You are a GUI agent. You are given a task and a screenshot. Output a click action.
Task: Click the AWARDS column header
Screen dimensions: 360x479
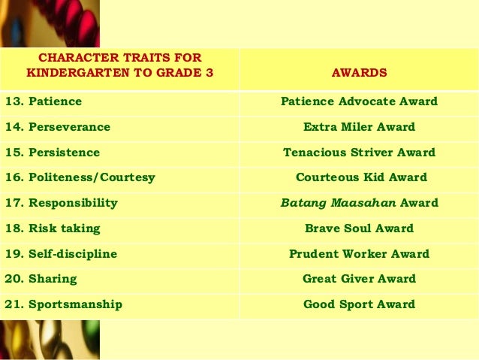coord(359,73)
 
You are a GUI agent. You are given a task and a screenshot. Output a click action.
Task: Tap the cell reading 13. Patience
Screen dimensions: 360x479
coord(44,101)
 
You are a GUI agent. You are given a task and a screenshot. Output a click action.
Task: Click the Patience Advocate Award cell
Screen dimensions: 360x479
coord(359,101)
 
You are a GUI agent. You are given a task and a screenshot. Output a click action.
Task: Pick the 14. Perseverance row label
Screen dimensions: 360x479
coord(58,127)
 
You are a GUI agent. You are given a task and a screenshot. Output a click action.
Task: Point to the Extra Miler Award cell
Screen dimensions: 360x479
coord(359,127)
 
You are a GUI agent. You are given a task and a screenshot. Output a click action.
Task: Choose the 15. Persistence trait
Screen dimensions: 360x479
coord(53,153)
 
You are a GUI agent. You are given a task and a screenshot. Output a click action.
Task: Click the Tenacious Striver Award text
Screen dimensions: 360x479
coord(359,153)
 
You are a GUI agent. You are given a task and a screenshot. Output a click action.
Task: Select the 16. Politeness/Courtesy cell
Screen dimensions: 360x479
coord(80,178)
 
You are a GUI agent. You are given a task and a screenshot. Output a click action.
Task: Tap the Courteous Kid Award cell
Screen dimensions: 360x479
coord(360,178)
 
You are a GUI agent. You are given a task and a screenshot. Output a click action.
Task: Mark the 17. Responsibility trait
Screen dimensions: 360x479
coord(62,203)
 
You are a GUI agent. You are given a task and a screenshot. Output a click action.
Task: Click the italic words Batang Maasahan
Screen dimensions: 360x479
coord(338,203)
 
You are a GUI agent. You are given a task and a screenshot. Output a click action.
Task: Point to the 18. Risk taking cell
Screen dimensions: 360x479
coord(53,228)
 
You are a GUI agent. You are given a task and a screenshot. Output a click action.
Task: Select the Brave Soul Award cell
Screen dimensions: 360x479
coord(359,228)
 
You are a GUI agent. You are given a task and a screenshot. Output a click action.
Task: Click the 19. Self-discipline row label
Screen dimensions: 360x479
coord(61,254)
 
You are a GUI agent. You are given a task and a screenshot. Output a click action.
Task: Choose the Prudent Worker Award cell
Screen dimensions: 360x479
coord(359,254)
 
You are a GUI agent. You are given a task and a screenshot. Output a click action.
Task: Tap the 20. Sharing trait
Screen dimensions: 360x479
coord(41,279)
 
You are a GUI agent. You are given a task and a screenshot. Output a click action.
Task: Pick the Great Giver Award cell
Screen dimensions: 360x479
coord(359,279)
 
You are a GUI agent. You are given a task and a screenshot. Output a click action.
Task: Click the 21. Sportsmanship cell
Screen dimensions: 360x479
coord(64,304)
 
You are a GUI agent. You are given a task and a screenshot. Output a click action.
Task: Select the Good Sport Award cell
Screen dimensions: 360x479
coord(359,304)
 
